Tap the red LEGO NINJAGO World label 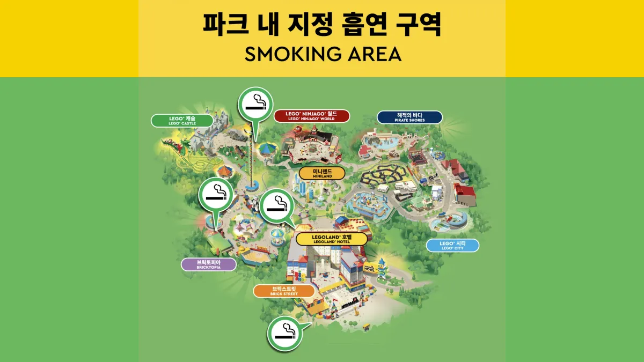(x=311, y=116)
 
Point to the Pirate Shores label (x=409, y=117)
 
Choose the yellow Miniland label (x=321, y=173)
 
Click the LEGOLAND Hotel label (x=331, y=239)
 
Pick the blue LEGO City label (x=452, y=246)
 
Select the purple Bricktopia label (x=209, y=264)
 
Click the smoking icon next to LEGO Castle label (x=255, y=104)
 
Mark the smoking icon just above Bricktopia (x=216, y=195)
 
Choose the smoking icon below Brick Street (x=284, y=333)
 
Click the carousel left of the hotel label (x=277, y=236)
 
